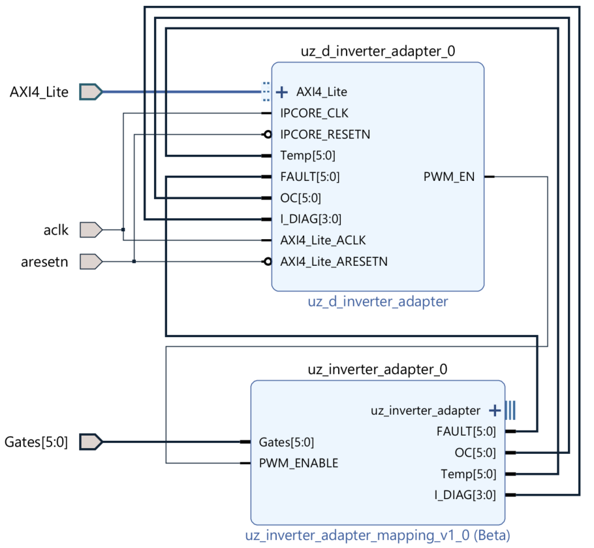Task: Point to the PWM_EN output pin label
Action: pyautogui.click(x=449, y=176)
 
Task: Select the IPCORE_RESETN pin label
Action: pyautogui.click(x=325, y=135)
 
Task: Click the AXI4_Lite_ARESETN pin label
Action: pyautogui.click(x=334, y=261)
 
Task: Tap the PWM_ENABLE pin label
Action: pyautogui.click(x=298, y=463)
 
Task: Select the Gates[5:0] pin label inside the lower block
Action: pyautogui.click(x=287, y=442)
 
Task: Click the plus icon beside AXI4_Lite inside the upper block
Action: pyautogui.click(x=282, y=91)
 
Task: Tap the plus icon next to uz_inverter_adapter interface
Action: pyautogui.click(x=495, y=410)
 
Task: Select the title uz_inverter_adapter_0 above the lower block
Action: pyautogui.click(x=377, y=370)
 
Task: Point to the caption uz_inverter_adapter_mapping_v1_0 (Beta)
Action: pyautogui.click(x=377, y=536)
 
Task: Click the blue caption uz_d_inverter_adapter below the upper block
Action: pyautogui.click(x=377, y=302)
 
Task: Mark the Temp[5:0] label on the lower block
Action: pyautogui.click(x=468, y=474)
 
